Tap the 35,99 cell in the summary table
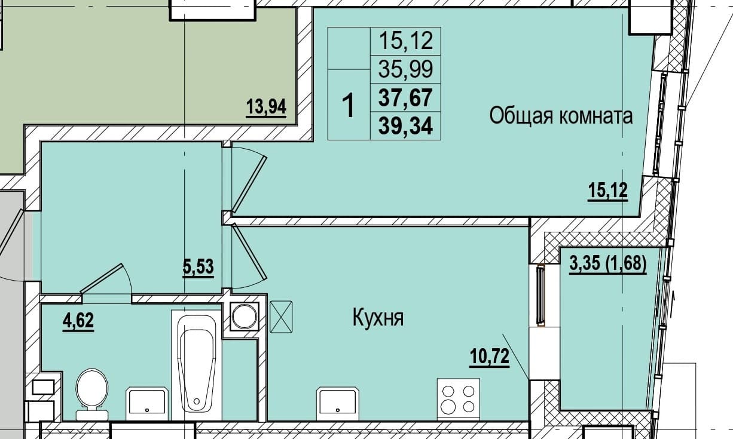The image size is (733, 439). (406, 69)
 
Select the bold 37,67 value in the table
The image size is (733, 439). (406, 98)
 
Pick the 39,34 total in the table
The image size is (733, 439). (406, 126)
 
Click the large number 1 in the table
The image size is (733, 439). (349, 105)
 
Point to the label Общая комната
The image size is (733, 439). (561, 116)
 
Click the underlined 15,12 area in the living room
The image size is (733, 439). (607, 191)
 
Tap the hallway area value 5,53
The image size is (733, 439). (198, 267)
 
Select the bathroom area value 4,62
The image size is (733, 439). (78, 321)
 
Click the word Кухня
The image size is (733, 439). (378, 318)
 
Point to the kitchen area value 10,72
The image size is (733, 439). (490, 357)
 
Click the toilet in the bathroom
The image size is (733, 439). (92, 394)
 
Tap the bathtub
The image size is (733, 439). (196, 365)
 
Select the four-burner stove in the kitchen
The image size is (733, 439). (459, 400)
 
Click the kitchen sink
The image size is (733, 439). (337, 403)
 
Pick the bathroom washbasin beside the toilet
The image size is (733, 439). (147, 403)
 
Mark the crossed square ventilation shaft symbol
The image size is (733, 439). (281, 317)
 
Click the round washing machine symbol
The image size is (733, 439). (245, 317)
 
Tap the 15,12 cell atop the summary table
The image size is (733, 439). (406, 41)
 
